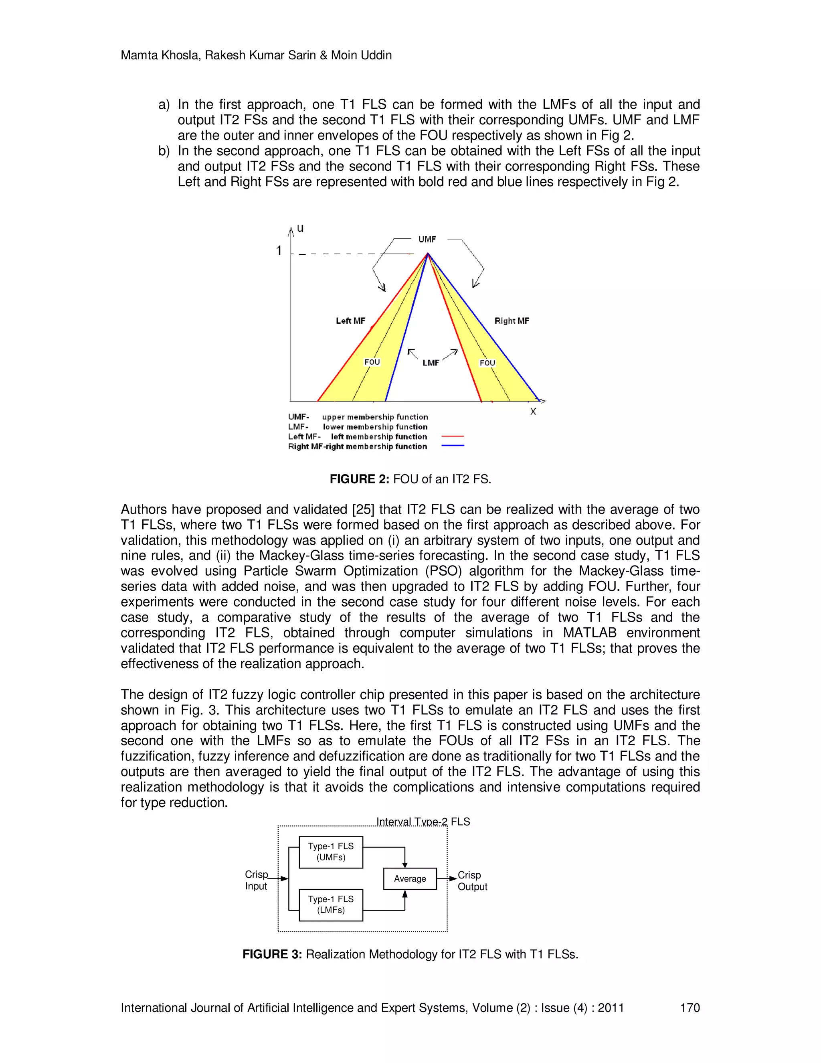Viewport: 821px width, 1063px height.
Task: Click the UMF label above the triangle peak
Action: click(427, 239)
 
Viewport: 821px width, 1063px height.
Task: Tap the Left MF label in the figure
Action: click(350, 321)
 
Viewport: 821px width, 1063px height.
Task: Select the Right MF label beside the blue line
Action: click(512, 321)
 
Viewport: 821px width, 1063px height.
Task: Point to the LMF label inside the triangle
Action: click(431, 363)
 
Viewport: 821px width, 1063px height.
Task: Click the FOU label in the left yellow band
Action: click(372, 362)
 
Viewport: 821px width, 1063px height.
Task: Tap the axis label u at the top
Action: click(300, 228)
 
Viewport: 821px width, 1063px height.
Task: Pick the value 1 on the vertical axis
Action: click(279, 251)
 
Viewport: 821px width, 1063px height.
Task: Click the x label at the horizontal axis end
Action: click(533, 412)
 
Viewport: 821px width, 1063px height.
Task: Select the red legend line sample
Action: click(452, 436)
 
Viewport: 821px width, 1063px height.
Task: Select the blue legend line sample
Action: click(452, 446)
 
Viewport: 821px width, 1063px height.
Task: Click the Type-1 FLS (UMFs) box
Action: click(331, 852)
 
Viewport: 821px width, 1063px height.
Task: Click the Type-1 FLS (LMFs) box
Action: click(331, 905)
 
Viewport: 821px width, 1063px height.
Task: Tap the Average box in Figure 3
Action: click(410, 879)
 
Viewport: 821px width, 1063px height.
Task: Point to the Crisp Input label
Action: click(256, 880)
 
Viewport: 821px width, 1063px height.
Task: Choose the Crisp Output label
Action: click(472, 881)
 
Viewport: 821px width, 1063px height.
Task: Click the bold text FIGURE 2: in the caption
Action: click(359, 479)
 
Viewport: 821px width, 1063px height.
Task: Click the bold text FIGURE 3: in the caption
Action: click(272, 954)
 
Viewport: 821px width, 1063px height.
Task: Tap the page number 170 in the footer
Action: click(689, 1008)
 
